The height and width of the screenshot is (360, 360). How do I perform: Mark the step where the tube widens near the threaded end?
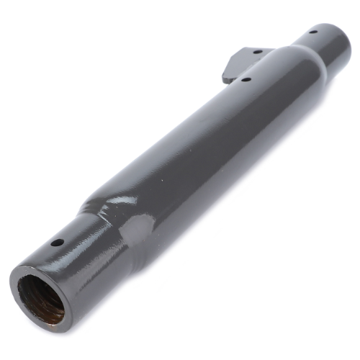pos(115,223)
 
